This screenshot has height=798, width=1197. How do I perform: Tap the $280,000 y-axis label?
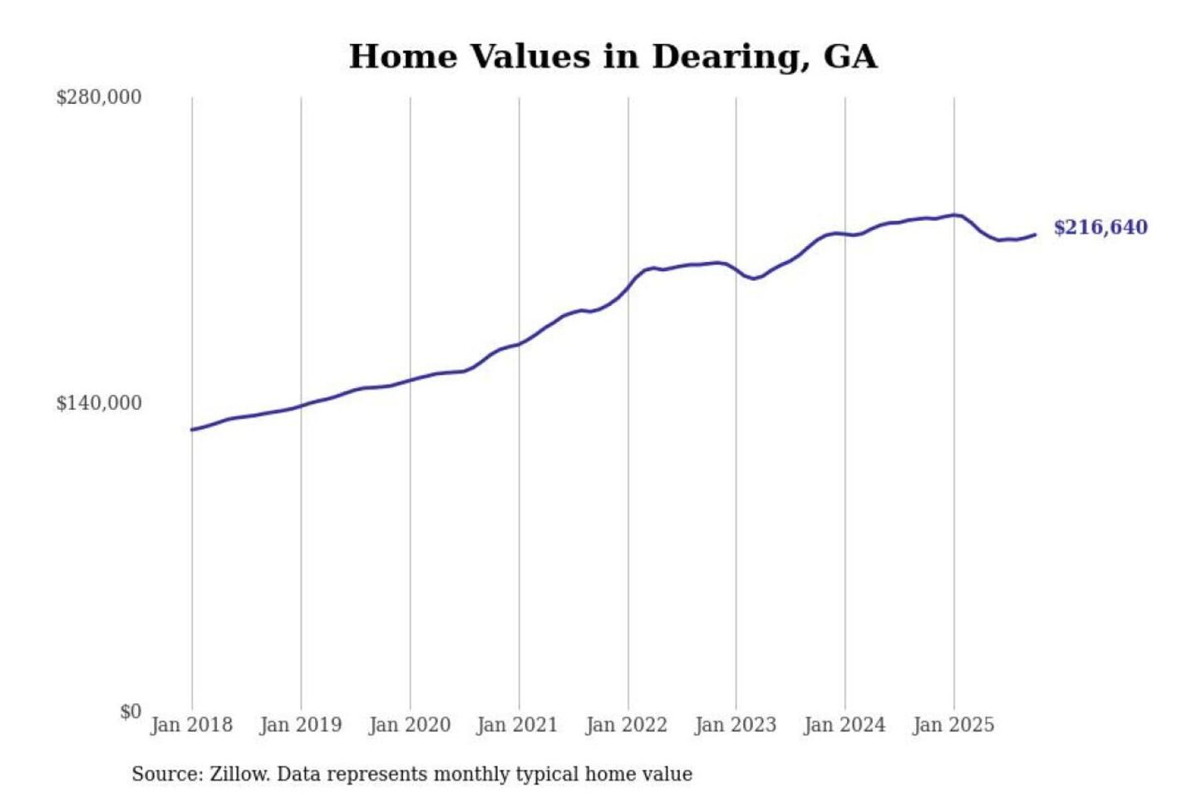point(99,97)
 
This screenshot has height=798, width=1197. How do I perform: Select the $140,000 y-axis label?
point(99,403)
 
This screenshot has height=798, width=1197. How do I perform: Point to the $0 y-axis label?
point(131,712)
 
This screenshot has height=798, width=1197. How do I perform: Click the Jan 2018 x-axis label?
point(191,725)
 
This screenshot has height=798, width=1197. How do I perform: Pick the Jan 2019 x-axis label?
point(300,725)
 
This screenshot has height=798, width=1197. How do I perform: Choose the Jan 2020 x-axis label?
point(409,725)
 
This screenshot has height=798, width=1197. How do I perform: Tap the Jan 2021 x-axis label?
point(517,725)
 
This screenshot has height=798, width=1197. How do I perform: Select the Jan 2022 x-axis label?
point(626,725)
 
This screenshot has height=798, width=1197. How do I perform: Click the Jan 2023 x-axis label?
point(735,725)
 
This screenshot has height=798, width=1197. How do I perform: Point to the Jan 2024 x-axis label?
point(844,725)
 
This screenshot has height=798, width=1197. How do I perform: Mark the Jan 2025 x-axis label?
point(953,725)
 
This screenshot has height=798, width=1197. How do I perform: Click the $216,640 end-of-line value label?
point(1101,228)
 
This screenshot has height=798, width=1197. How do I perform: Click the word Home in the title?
point(403,57)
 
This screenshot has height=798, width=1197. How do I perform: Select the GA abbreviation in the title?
point(850,57)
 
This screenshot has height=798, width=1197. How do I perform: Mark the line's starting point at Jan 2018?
point(192,430)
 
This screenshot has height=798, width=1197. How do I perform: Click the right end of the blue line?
point(1035,234)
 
